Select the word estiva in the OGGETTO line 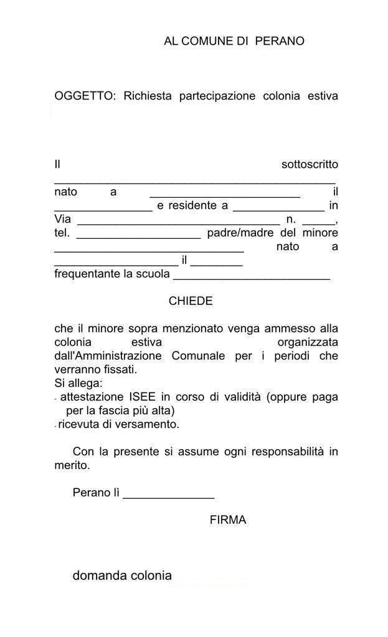tap(323, 96)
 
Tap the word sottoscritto tap(310, 165)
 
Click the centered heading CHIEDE tap(191, 301)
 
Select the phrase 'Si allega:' tap(78, 383)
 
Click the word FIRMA tap(228, 520)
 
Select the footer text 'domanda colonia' tap(122, 575)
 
